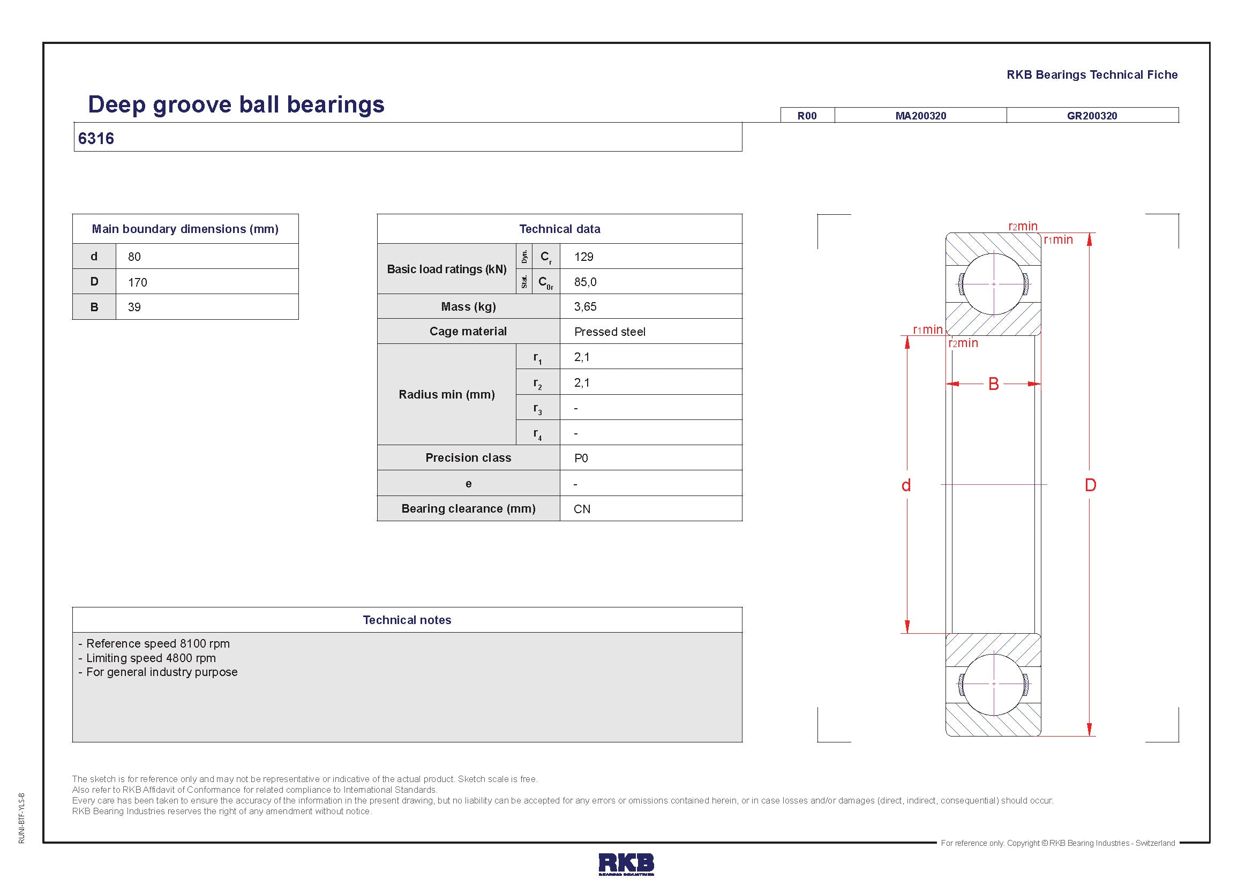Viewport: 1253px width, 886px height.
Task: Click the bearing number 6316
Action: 96,139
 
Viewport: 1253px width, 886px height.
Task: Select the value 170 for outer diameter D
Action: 138,282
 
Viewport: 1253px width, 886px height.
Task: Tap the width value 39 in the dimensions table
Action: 134,307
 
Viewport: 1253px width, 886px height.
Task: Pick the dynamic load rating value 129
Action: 583,257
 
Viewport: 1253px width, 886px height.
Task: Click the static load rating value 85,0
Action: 585,282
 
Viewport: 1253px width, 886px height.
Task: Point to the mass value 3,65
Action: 585,306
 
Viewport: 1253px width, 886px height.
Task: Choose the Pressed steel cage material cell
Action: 610,332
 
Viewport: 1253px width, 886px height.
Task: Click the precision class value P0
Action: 581,459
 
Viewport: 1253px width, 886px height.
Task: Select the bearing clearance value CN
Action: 582,509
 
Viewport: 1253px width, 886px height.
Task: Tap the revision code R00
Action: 807,116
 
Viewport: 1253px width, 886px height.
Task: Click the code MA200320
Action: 921,116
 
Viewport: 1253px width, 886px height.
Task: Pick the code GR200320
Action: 1092,116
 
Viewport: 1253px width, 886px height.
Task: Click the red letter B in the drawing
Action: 994,384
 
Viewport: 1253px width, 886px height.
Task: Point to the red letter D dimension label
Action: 1090,485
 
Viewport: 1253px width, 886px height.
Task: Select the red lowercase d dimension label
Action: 906,485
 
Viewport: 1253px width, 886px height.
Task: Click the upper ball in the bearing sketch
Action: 994,284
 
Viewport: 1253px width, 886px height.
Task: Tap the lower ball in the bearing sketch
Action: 994,684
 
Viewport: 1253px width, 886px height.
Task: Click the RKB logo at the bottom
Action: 626,864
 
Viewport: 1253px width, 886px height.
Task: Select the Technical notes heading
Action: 407,620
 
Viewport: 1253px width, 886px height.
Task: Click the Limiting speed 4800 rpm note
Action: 151,658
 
